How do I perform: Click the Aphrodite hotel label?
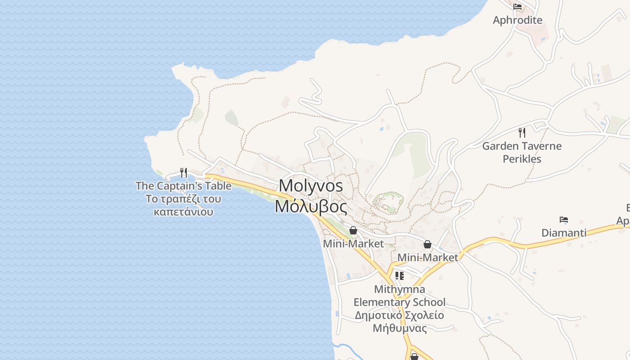(x=517, y=20)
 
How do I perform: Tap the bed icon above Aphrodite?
(x=517, y=7)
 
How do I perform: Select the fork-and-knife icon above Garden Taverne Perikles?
(x=522, y=133)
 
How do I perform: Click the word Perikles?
(x=522, y=159)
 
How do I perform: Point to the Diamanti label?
(x=564, y=233)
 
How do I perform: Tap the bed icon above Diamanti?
(x=564, y=220)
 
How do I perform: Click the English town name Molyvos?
(x=311, y=185)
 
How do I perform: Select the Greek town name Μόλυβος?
(x=311, y=207)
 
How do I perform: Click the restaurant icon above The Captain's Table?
(x=184, y=173)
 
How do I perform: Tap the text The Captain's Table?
(x=184, y=186)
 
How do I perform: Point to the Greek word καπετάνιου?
(x=184, y=211)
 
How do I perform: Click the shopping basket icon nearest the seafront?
(x=353, y=231)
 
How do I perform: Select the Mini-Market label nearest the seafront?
(x=353, y=244)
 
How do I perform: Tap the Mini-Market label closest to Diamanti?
(x=427, y=257)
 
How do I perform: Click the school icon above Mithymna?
(x=400, y=276)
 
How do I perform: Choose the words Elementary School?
(x=400, y=302)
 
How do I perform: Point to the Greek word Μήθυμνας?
(x=400, y=328)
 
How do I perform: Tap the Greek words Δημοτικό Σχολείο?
(x=400, y=315)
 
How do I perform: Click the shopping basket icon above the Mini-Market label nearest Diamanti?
(x=427, y=244)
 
